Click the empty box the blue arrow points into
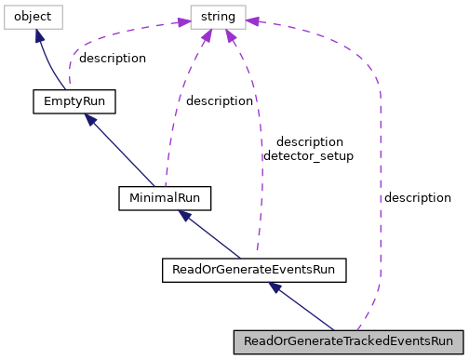pyautogui.click(x=33, y=17)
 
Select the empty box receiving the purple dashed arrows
pyautogui.click(x=218, y=17)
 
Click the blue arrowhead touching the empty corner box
pyautogui.click(x=39, y=35)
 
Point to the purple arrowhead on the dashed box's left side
pyautogui.click(x=183, y=21)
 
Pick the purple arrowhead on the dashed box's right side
pyautogui.click(x=253, y=20)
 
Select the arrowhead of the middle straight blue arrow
pyautogui.click(x=185, y=216)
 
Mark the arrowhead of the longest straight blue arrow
pyautogui.click(x=90, y=119)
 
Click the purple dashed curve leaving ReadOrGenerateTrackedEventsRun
pyautogui.click(x=380, y=186)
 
